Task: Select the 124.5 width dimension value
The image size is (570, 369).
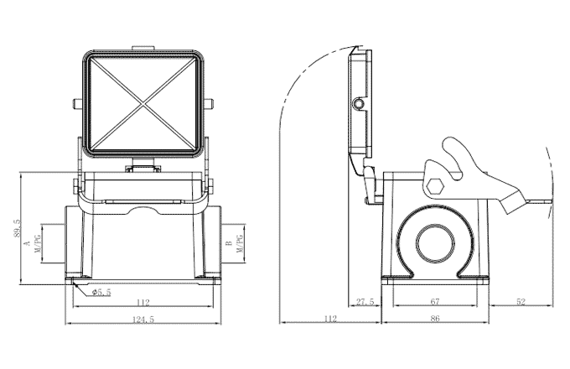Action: pos(143,320)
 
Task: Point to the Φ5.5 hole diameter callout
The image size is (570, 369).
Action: pos(101,292)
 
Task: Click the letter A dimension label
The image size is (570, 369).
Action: pos(27,243)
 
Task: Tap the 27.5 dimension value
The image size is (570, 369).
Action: pos(365,302)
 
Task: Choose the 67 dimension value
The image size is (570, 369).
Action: pos(434,302)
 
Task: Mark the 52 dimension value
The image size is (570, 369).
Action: pos(520,302)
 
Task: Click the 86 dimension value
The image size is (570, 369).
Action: pos(434,320)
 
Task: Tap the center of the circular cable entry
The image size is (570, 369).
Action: pos(435,242)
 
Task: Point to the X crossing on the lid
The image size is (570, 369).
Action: pos(144,103)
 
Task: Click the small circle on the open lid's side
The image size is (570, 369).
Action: pos(359,103)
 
